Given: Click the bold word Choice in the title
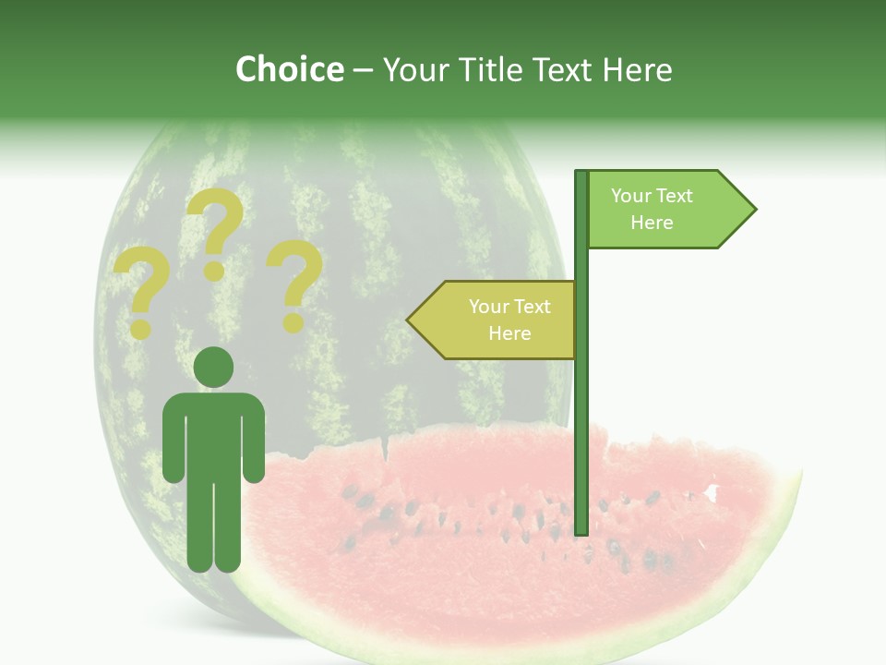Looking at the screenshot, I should tap(289, 69).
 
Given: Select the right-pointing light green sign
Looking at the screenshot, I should tap(664, 210).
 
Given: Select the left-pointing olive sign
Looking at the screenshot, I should tap(498, 320).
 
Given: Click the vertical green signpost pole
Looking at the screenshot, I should tap(581, 416).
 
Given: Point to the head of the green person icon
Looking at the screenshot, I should tap(214, 366).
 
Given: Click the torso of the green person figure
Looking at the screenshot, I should tap(214, 434).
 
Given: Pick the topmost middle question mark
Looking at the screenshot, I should tap(215, 231).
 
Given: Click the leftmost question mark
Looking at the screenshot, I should tap(140, 288).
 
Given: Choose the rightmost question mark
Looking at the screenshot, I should tap(294, 283).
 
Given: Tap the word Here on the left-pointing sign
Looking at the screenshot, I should tap(509, 333).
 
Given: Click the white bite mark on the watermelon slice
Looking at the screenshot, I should tap(711, 492).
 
